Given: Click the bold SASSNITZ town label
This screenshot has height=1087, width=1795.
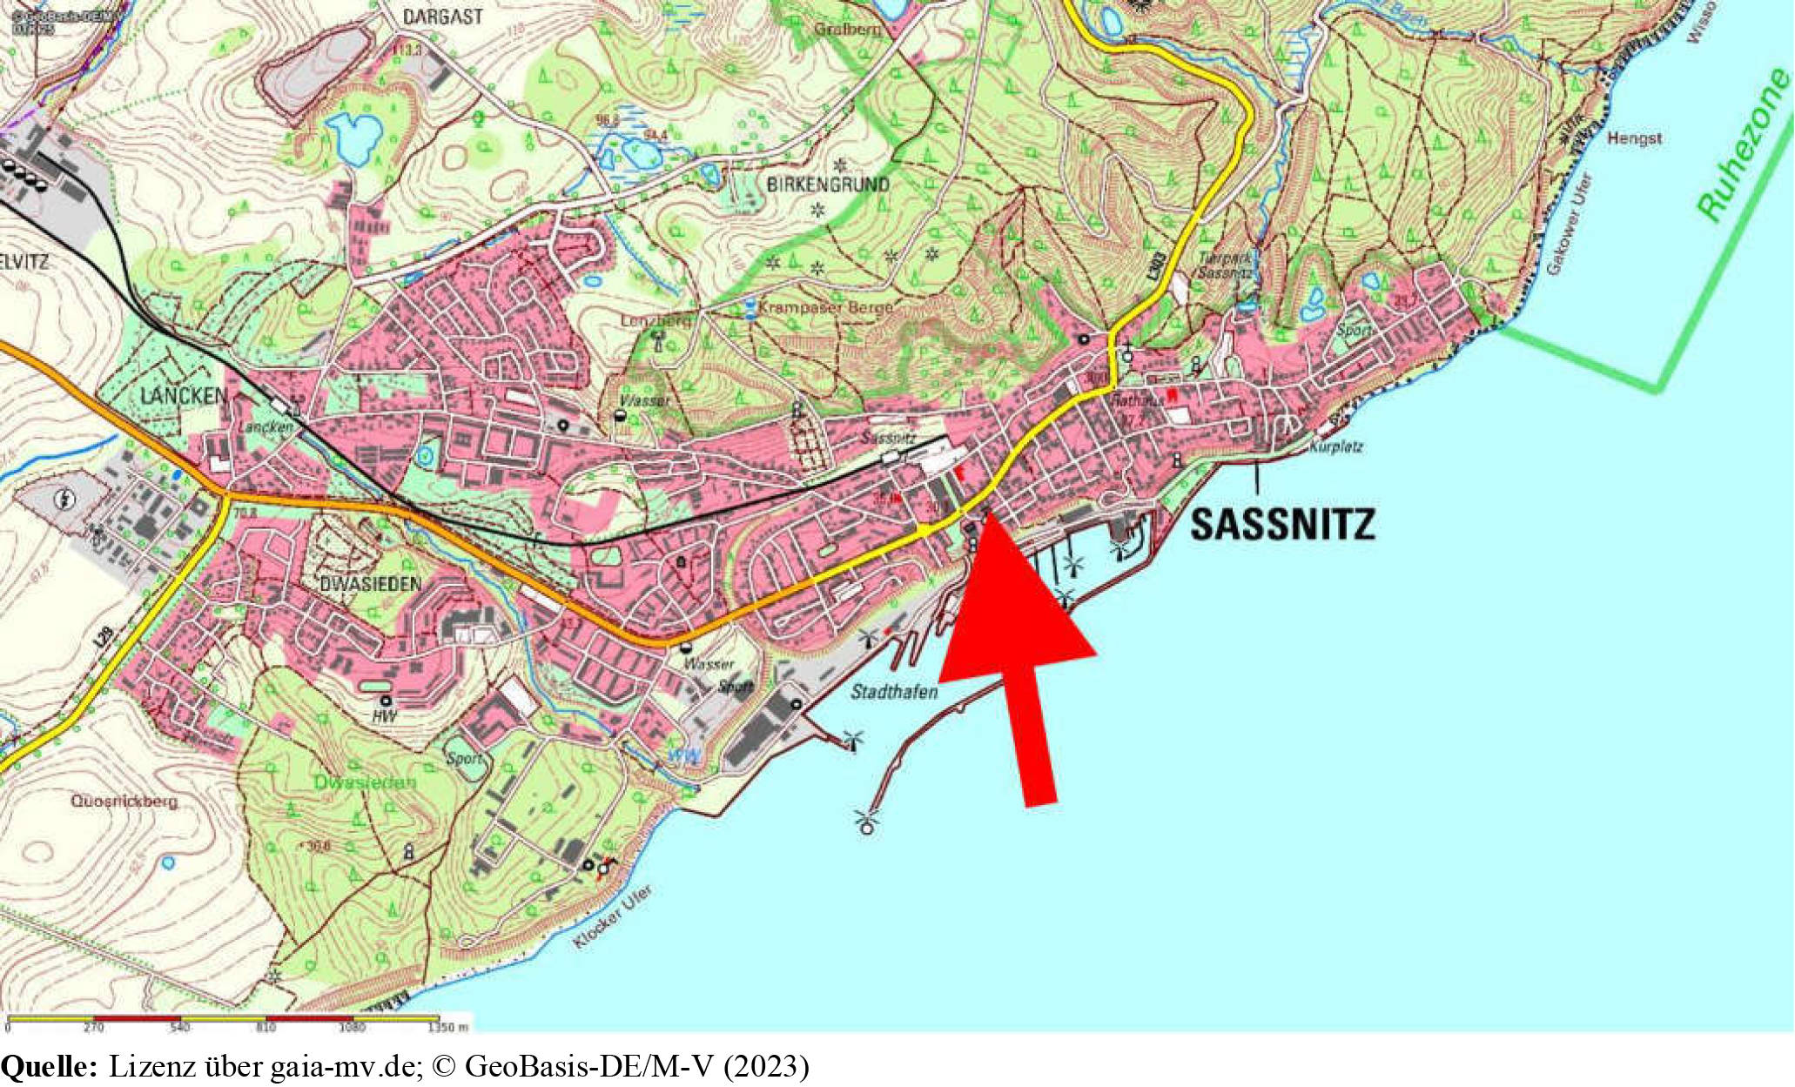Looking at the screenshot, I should (1282, 525).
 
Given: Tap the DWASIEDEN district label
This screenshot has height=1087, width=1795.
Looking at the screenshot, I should (371, 584).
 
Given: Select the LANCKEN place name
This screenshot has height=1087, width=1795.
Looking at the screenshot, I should (184, 397).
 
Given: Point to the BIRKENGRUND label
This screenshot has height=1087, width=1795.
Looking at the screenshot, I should (828, 185).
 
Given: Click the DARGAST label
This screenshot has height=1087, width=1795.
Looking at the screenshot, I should (442, 17).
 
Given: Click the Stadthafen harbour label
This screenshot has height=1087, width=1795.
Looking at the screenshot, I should (894, 692).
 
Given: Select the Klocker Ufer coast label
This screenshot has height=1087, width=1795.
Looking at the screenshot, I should (613, 917).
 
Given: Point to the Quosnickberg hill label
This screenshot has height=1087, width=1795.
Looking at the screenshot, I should (124, 801).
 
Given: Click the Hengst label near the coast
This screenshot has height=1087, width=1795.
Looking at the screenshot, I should (1634, 138).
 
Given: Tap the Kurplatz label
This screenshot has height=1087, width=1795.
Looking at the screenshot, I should (1335, 447).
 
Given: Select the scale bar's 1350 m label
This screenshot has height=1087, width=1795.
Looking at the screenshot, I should (448, 1028).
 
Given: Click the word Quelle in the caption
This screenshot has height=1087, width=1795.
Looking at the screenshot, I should (49, 1066).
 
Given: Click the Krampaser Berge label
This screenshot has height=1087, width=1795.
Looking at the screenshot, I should (825, 308).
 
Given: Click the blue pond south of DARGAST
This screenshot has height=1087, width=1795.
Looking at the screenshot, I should (354, 138).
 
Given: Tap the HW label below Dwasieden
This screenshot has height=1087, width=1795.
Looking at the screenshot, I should (384, 716).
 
